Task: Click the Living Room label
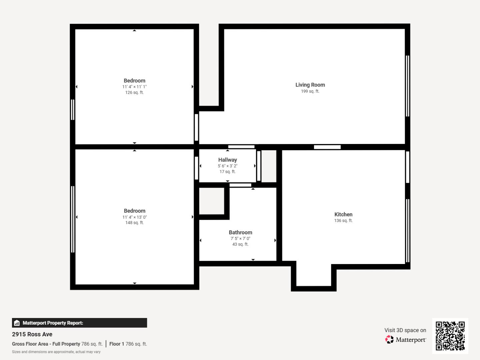(310, 85)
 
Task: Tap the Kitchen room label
(343, 214)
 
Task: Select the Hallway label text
(228, 160)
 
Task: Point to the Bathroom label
(240, 232)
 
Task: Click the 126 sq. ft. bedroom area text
(134, 92)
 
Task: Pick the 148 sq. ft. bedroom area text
(134, 223)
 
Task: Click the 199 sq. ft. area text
(310, 91)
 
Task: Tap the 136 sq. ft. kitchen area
(343, 221)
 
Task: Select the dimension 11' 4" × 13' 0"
(134, 217)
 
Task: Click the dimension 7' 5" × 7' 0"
(240, 238)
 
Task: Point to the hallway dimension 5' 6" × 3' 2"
(228, 166)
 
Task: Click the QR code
(450, 336)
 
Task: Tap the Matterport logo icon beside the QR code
(389, 339)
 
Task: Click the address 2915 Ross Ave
(32, 334)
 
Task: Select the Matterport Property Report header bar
(79, 323)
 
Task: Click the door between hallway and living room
(241, 147)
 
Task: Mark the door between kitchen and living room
(327, 147)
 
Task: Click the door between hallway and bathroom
(240, 185)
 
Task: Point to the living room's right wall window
(407, 86)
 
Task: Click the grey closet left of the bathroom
(212, 201)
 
